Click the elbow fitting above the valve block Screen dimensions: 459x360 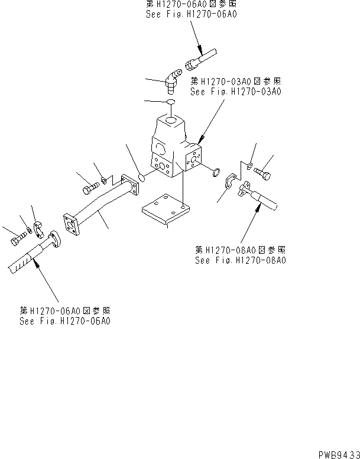pos(171,82)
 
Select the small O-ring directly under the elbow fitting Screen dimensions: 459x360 pos(169,103)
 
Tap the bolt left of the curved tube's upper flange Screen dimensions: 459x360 pos(89,189)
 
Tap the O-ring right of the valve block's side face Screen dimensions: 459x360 pos(216,172)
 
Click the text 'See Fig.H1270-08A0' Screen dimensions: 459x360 pos(239,261)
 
